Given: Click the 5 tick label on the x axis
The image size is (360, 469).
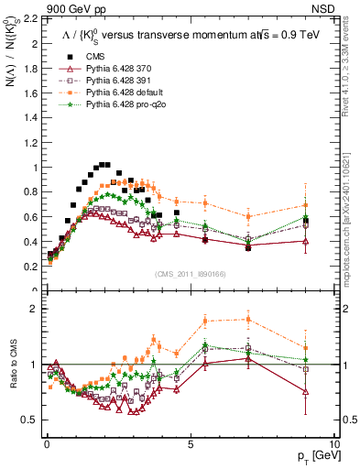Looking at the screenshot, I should (190, 443).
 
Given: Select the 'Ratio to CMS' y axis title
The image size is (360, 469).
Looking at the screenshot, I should (10, 379).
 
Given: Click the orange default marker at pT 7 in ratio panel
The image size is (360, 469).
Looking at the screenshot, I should (247, 319).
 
